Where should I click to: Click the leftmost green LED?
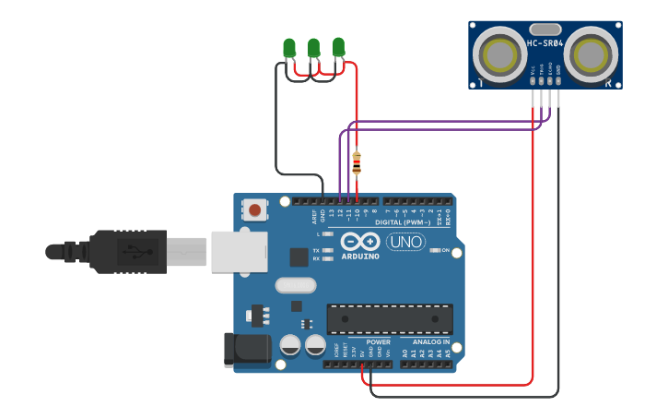click(289, 47)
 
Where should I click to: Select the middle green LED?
click(313, 46)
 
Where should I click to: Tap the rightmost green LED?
click(338, 45)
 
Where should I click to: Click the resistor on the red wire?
click(357, 163)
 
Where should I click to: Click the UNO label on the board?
click(405, 242)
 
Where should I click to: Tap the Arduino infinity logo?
click(359, 242)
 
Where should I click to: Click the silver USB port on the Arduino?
click(239, 251)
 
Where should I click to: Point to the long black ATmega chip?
click(390, 319)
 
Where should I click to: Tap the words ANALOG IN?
click(425, 342)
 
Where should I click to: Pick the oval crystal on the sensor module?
click(545, 30)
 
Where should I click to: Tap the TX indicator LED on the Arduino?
click(327, 250)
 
